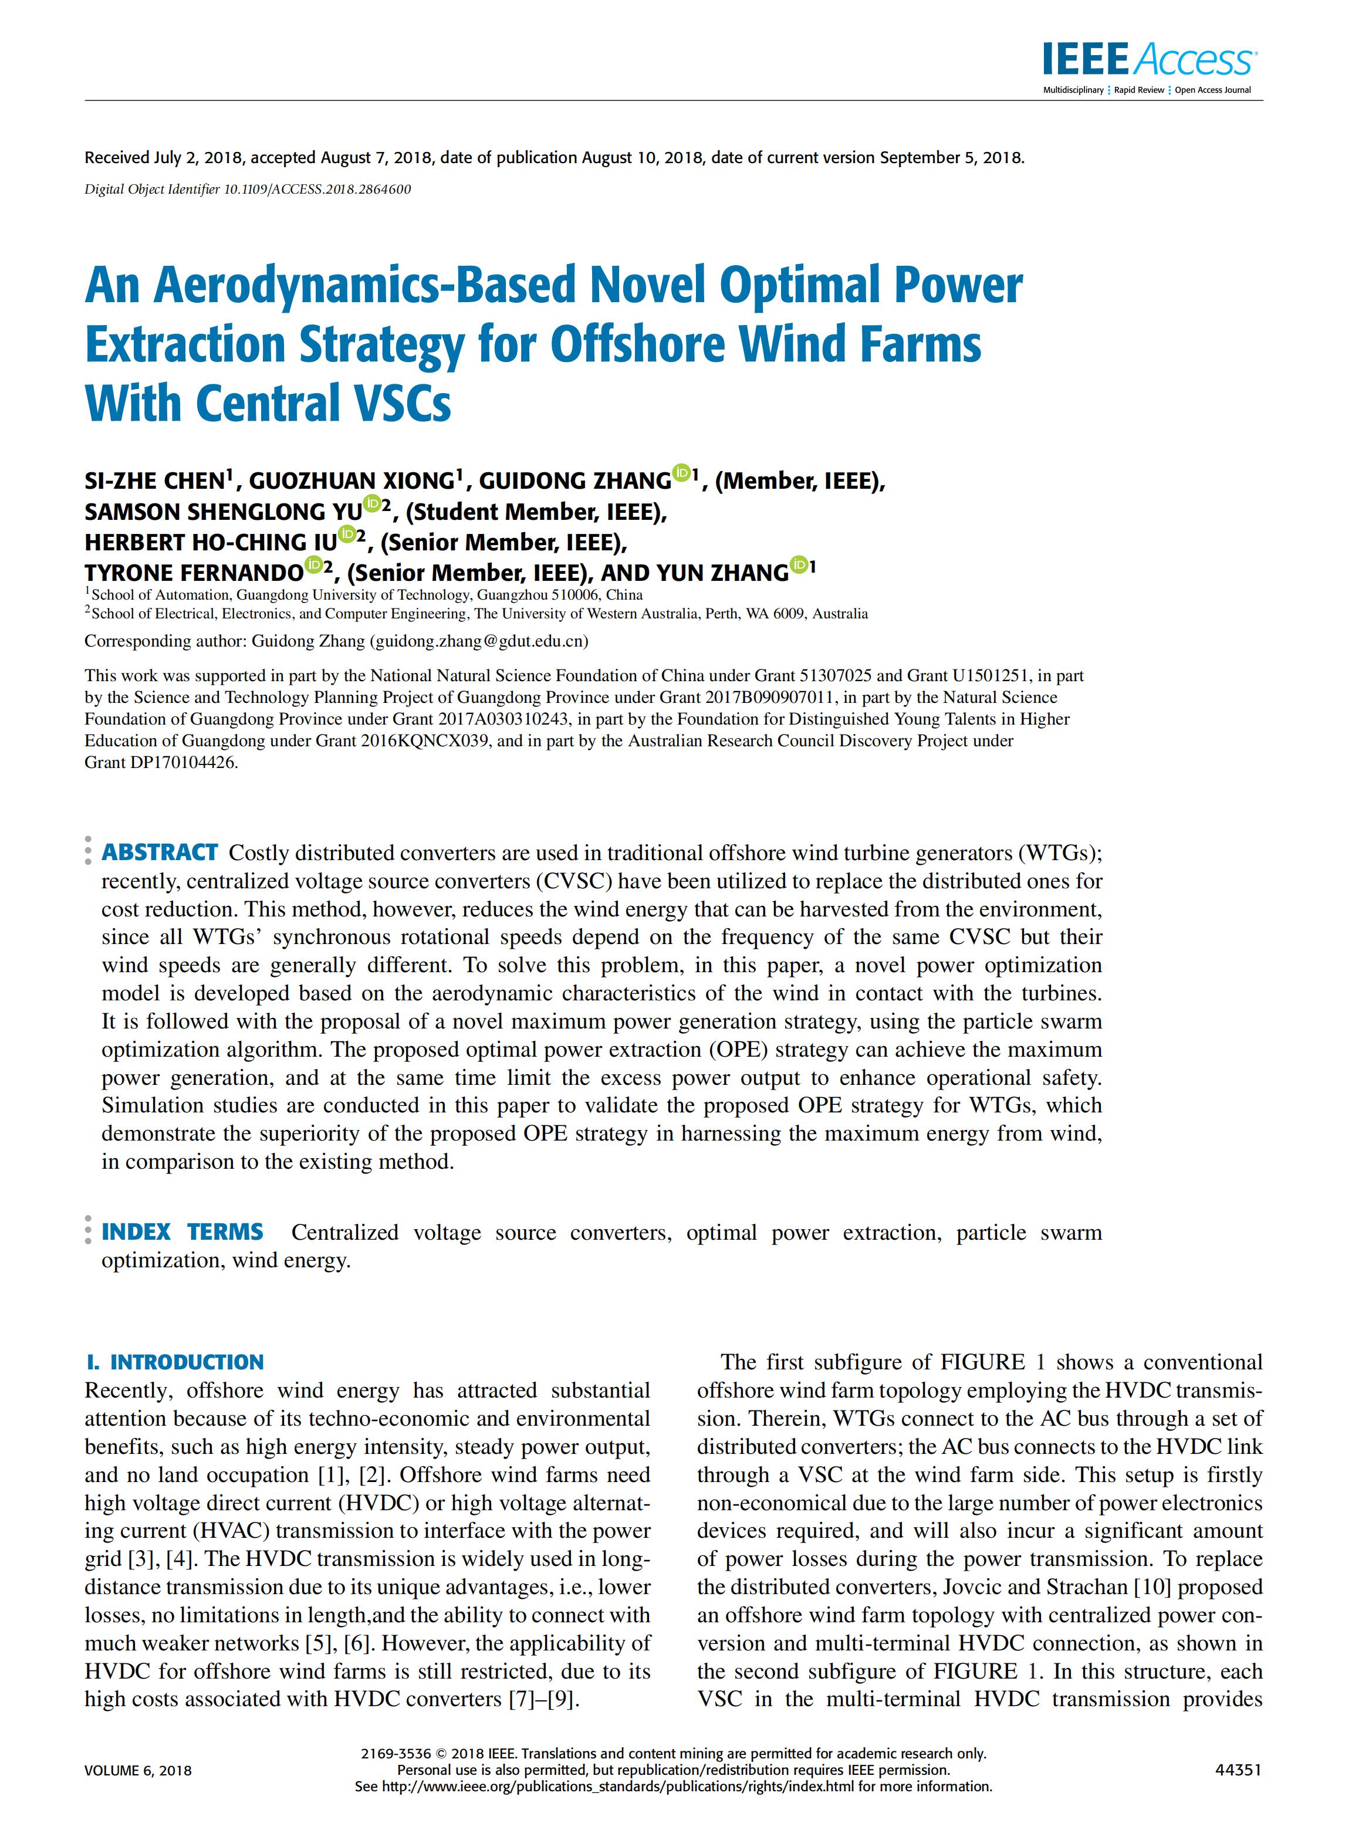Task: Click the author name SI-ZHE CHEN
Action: point(155,481)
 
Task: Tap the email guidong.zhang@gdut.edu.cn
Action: point(479,641)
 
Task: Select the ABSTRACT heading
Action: point(160,852)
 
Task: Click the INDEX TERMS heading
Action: point(182,1232)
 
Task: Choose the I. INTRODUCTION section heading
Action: point(175,1362)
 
